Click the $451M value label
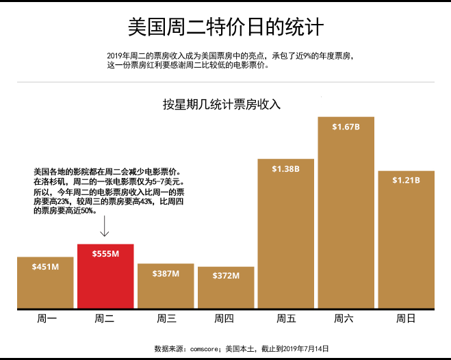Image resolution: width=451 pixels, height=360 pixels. (x=45, y=267)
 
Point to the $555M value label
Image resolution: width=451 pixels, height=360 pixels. (x=105, y=254)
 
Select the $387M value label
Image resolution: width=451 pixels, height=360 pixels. (x=166, y=274)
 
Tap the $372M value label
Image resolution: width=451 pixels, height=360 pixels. (x=226, y=276)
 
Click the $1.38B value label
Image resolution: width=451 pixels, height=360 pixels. (x=285, y=168)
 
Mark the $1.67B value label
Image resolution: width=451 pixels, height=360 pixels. (x=346, y=127)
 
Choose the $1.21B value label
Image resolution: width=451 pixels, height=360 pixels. (x=406, y=180)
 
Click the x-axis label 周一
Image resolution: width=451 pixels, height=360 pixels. (x=47, y=318)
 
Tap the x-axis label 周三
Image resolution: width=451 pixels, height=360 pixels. (x=166, y=318)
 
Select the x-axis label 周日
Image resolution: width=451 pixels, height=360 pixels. (x=407, y=318)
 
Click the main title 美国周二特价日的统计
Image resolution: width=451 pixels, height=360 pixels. (x=225, y=27)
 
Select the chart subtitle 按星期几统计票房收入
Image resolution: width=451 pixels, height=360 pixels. (x=222, y=105)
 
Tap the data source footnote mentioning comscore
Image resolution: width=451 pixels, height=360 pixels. (x=242, y=348)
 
